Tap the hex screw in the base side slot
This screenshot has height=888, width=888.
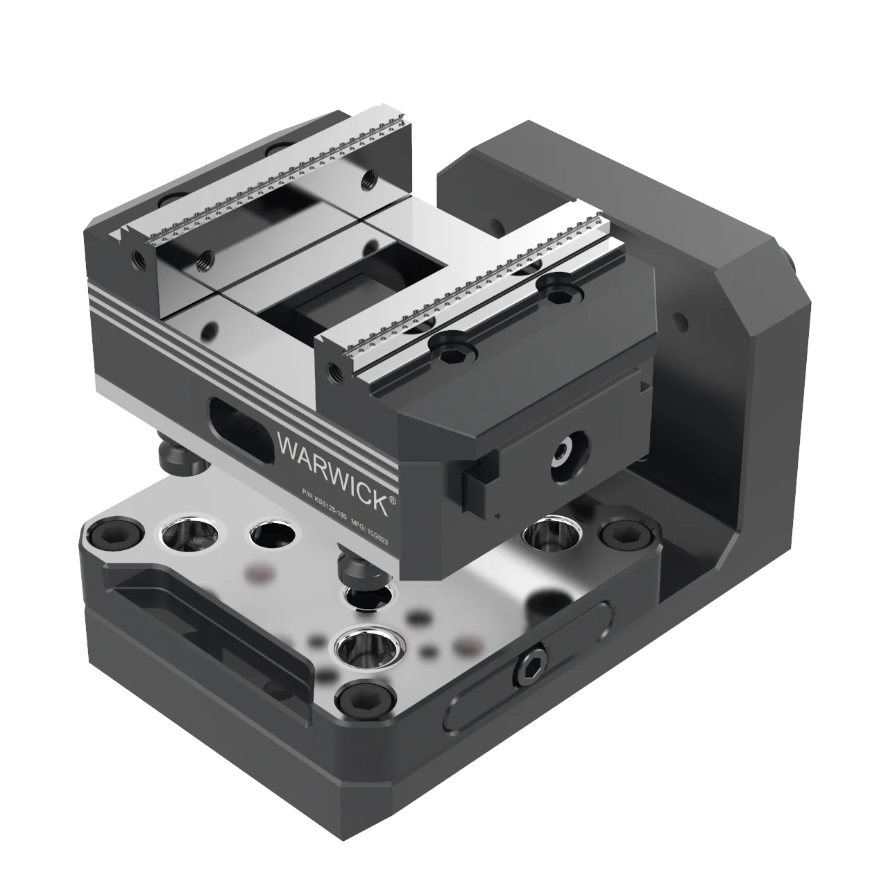(x=531, y=665)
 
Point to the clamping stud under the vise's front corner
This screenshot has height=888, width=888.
(x=357, y=567)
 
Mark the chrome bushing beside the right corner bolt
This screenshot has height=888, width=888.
(x=547, y=534)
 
